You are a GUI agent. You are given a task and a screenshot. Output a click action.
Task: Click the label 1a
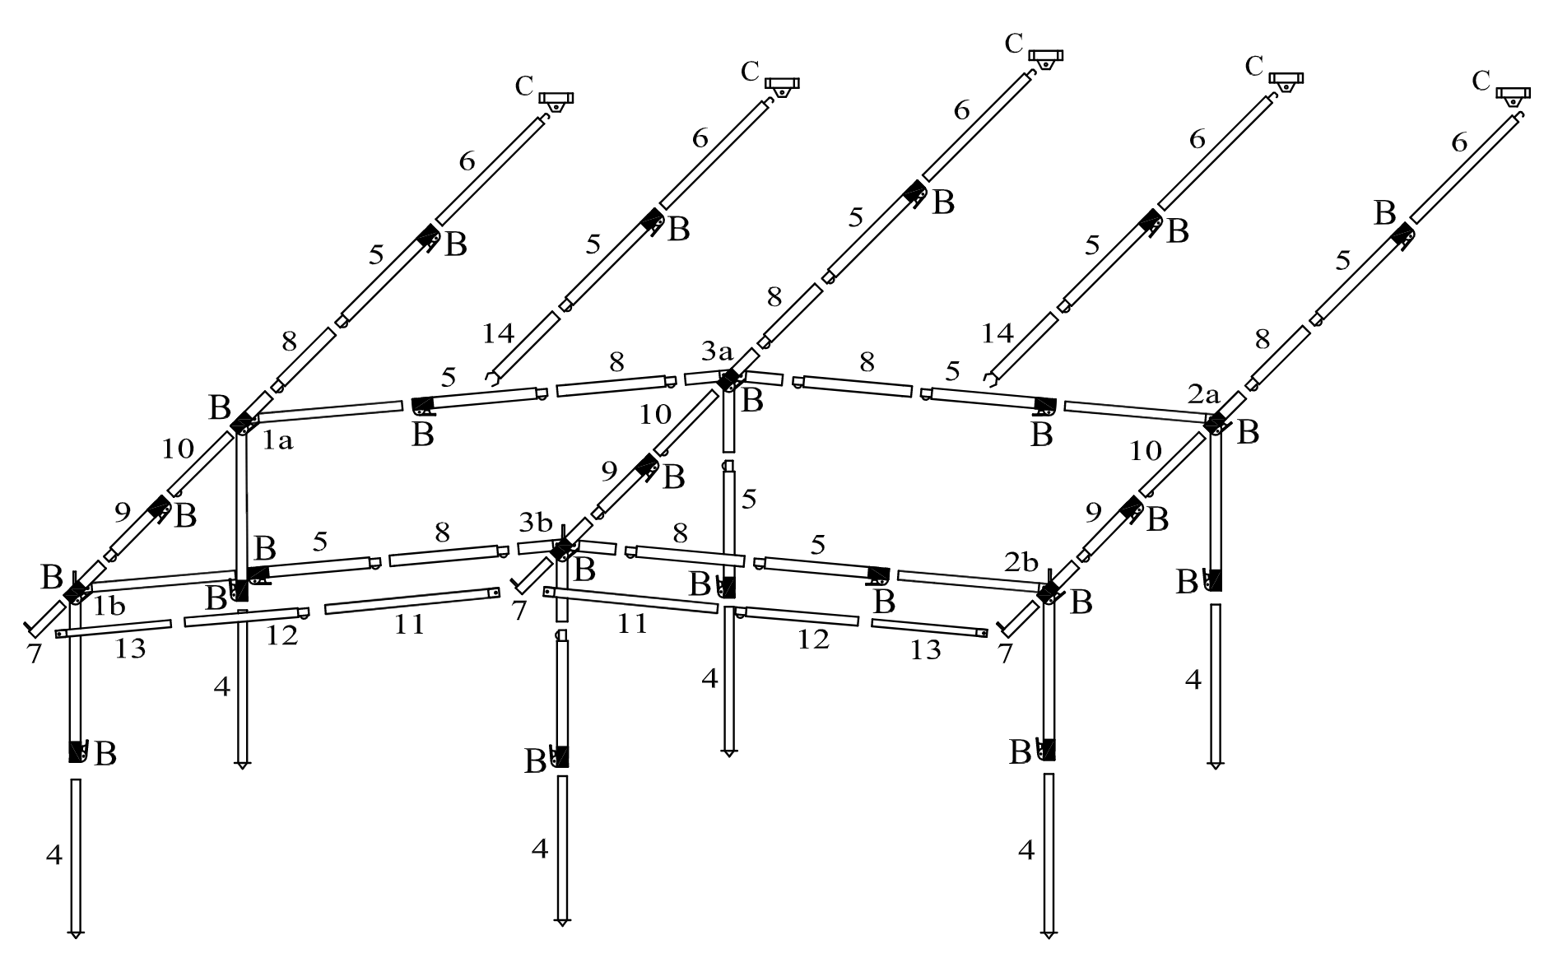(277, 442)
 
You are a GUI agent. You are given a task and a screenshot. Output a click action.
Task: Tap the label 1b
(109, 607)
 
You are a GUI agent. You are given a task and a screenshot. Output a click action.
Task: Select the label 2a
(1204, 395)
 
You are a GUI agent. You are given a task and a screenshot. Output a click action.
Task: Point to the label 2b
(1021, 563)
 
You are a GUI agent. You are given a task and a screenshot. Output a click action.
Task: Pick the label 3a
(717, 352)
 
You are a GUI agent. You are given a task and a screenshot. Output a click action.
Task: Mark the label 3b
(535, 522)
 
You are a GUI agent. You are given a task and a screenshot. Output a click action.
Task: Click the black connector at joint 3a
(728, 379)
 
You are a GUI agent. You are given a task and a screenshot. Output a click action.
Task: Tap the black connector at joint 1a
(243, 423)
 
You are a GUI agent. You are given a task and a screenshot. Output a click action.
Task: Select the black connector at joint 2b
(1048, 591)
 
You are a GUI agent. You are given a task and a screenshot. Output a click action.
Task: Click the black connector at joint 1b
(77, 589)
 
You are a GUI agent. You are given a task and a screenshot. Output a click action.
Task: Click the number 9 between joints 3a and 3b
(609, 471)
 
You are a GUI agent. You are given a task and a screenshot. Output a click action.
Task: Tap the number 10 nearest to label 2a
(1145, 451)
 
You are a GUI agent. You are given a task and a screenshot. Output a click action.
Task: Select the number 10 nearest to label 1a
(177, 449)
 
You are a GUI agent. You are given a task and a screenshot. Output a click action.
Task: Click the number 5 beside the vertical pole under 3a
(749, 499)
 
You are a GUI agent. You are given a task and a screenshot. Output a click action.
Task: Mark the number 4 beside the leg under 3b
(540, 848)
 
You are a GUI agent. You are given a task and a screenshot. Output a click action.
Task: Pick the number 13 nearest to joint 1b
(130, 649)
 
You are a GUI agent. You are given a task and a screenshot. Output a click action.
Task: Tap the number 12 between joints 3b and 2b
(813, 639)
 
